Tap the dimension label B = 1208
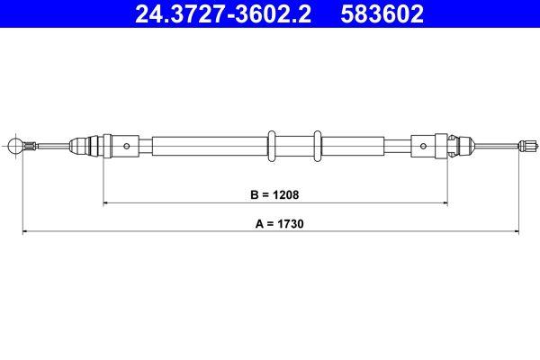pos(274,193)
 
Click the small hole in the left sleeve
pos(127,145)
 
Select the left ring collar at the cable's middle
pos(272,145)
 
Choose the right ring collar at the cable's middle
pos(317,145)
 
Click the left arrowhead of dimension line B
pos(107,203)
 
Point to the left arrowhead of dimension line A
pos(25,232)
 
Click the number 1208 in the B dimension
pos(284,193)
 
